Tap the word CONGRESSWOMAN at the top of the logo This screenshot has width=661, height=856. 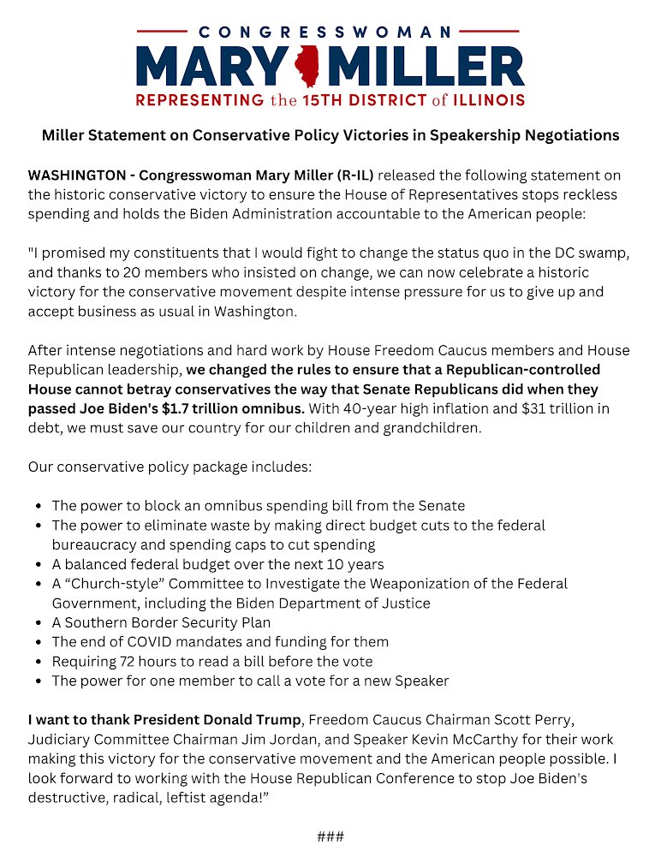tap(330, 32)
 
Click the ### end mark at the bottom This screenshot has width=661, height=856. tap(330, 836)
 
